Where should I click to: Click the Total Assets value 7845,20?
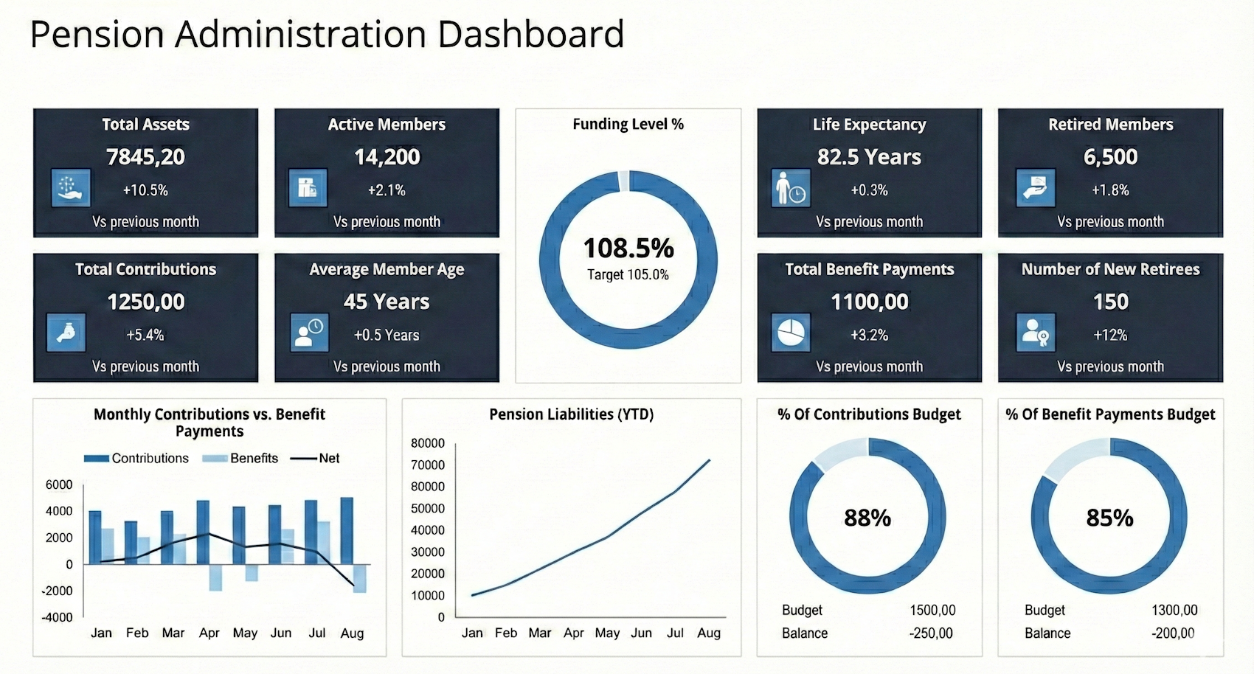tap(145, 157)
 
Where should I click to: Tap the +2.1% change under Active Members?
tap(387, 190)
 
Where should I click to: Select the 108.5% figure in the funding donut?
tap(628, 249)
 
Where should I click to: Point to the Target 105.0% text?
tap(628, 275)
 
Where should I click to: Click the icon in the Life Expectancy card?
tap(791, 188)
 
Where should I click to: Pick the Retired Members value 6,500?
tap(1110, 157)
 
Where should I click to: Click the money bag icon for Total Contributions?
tap(66, 333)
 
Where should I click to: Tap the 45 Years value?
tap(387, 302)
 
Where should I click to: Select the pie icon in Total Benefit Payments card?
tap(791, 333)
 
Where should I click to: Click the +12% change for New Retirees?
tap(1110, 335)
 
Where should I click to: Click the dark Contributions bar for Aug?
tap(347, 531)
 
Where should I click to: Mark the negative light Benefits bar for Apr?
tap(215, 577)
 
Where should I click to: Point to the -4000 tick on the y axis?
tap(57, 617)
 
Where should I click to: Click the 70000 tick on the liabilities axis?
tap(428, 465)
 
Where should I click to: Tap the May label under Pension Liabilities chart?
tap(607, 633)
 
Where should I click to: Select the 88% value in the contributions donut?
tap(867, 518)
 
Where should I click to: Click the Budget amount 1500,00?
tap(932, 610)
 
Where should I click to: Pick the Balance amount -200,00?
tap(1173, 633)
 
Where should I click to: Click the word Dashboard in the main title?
tap(530, 34)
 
